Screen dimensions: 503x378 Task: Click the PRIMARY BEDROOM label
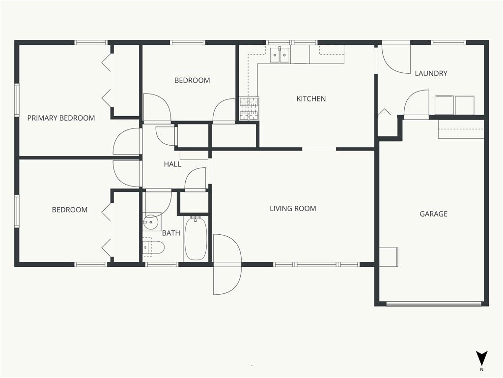coord(61,118)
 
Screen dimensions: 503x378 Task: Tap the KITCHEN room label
coord(311,98)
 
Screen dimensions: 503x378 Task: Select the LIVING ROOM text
coord(293,209)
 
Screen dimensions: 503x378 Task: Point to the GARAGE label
coord(433,214)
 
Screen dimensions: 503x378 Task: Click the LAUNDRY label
coord(431,73)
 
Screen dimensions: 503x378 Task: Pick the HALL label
coord(172,164)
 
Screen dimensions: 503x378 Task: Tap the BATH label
coord(171,233)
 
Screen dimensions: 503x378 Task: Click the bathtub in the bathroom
coord(196,238)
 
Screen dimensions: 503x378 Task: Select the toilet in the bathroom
coord(153,247)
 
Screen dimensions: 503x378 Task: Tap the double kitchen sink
coord(279,55)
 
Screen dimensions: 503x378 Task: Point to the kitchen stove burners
coord(249,109)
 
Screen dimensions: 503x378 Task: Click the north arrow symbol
coord(481,358)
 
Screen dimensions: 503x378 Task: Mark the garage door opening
coord(434,304)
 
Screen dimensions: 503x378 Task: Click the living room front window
coord(316,264)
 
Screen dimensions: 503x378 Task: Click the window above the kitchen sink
coord(292,42)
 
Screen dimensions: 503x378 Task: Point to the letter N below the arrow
coord(481,370)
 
